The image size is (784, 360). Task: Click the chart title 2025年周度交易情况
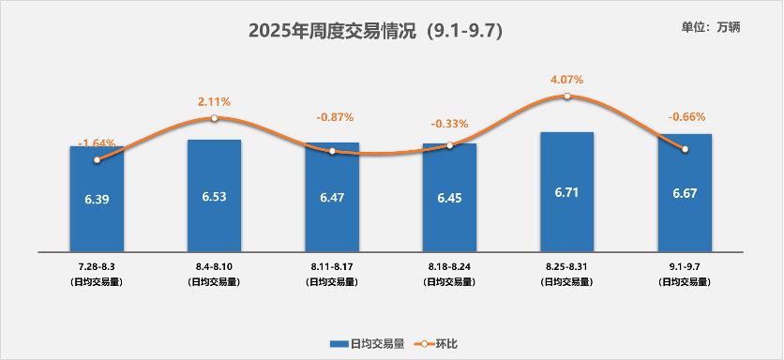pyautogui.click(x=375, y=31)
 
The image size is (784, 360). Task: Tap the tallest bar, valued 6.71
pyautogui.click(x=567, y=211)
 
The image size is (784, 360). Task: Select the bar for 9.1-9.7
pyautogui.click(x=685, y=212)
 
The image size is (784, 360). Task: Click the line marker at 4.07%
pyautogui.click(x=567, y=97)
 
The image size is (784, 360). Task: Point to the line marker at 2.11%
pyautogui.click(x=214, y=118)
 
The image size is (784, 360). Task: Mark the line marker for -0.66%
pyautogui.click(x=686, y=149)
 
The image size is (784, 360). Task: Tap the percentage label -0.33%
pyautogui.click(x=449, y=123)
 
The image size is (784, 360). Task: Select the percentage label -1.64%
pyautogui.click(x=97, y=143)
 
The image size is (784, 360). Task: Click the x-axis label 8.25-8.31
pyautogui.click(x=567, y=268)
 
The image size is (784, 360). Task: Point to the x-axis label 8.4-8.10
pyautogui.click(x=214, y=268)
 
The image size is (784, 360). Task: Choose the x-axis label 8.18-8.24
pyautogui.click(x=449, y=268)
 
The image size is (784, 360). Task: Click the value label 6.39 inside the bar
pyautogui.click(x=97, y=199)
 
